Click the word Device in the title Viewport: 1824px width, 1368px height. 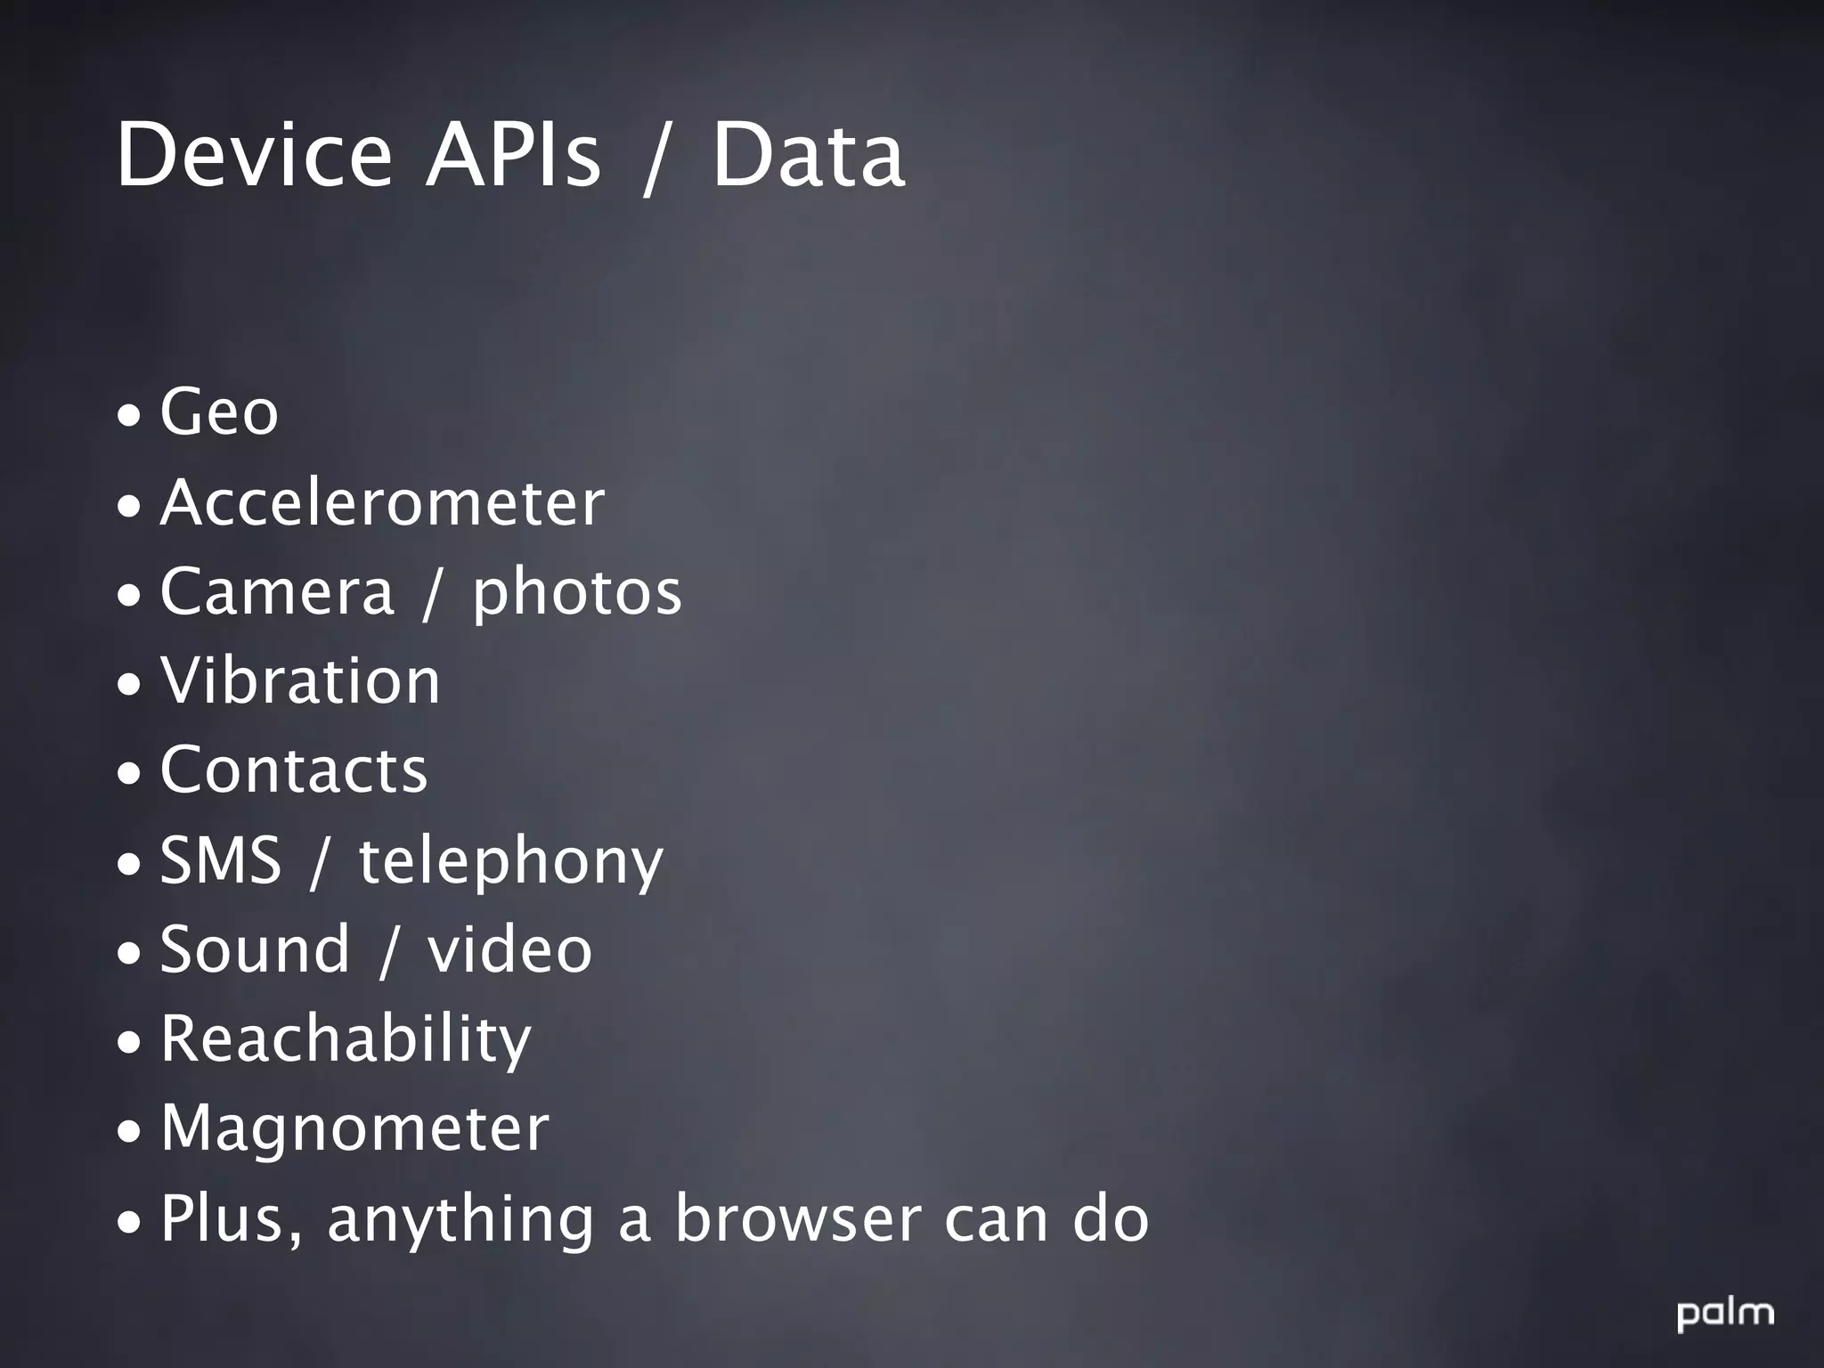coord(254,155)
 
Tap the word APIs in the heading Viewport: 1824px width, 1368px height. coord(513,155)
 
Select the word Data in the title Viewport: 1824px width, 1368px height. coord(808,155)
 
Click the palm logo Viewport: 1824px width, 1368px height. coord(1725,1315)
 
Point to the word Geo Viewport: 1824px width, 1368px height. coord(219,412)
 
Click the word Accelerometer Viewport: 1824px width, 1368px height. coord(382,502)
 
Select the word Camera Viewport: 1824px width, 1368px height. coord(276,591)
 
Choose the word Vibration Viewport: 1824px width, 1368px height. coord(300,680)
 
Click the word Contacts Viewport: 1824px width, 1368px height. coord(294,769)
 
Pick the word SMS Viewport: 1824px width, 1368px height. coord(220,859)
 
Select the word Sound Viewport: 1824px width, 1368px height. coord(255,949)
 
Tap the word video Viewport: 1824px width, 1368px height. coord(509,949)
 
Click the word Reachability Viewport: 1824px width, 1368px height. coord(346,1039)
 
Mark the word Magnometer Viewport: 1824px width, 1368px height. coord(354,1128)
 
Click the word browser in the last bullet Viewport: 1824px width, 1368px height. coord(797,1217)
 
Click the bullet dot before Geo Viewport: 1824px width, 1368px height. coord(129,416)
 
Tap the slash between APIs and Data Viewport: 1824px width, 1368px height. coord(655,159)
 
